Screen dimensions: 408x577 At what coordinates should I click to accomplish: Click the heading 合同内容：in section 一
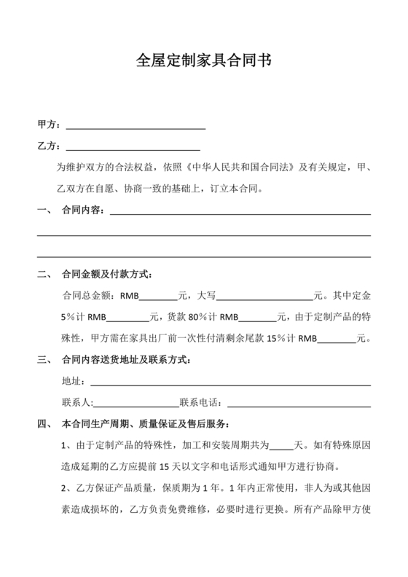pyautogui.click(x=84, y=211)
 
